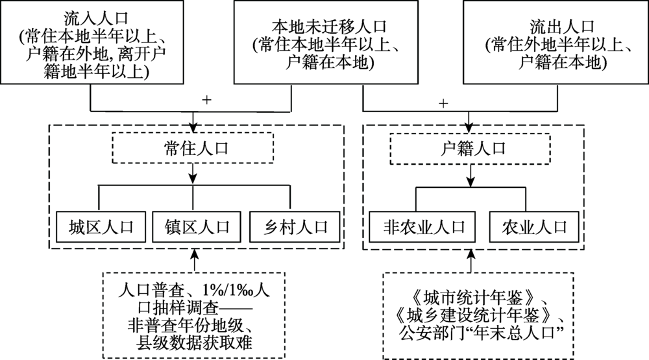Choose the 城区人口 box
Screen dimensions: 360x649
coord(100,227)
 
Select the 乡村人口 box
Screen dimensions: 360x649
coord(293,227)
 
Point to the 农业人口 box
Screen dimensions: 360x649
coord(534,227)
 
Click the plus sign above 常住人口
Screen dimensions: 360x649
coord(208,101)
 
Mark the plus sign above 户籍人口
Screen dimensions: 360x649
coord(443,103)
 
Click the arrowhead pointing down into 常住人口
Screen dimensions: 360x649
coord(193,128)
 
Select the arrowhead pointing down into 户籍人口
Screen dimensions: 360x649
coord(467,128)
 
